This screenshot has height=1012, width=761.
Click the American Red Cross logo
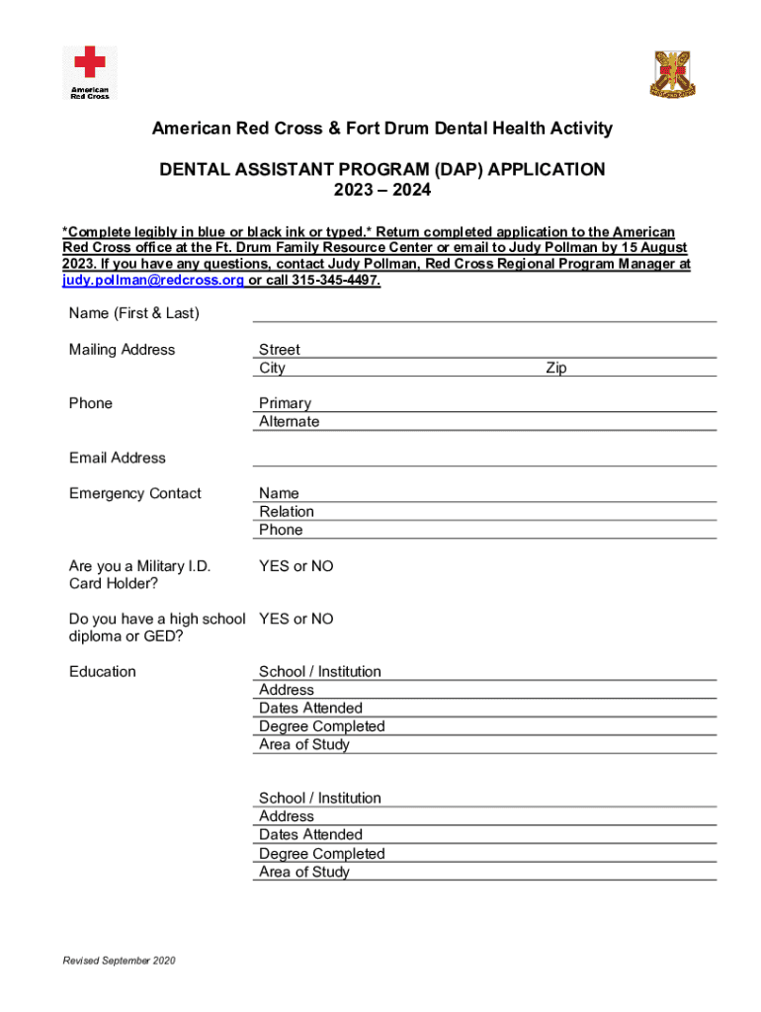[x=89, y=72]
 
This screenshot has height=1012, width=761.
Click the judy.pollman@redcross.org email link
[x=153, y=281]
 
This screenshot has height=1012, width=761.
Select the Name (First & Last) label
[x=134, y=313]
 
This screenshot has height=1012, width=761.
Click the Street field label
[x=280, y=350]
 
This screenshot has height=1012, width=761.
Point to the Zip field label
[x=556, y=368]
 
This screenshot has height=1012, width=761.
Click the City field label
[x=272, y=368]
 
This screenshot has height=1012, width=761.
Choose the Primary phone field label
[x=285, y=403]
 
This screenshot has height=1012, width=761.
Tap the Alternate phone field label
[x=290, y=421]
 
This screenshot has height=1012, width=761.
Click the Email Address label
[x=118, y=458]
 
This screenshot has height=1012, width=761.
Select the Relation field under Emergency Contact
[x=287, y=511]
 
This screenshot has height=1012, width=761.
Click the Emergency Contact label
[x=135, y=493]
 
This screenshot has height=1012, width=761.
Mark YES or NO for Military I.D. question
[x=296, y=566]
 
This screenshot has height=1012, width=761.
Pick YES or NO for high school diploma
[x=296, y=619]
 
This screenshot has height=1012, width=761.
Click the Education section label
[x=103, y=672]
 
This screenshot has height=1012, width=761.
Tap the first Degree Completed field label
[x=322, y=726]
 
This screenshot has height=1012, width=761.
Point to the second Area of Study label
[x=304, y=872]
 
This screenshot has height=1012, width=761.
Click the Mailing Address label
[x=123, y=350]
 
